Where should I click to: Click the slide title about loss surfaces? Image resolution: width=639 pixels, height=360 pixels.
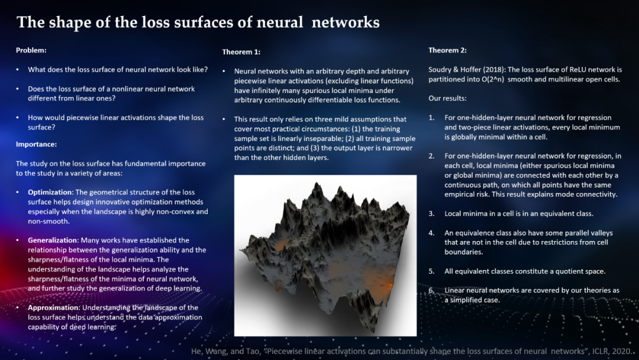pos(198,22)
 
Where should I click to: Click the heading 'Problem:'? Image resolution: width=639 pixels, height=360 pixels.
pos(31,50)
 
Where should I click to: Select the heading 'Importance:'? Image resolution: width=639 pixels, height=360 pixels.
pos(36,144)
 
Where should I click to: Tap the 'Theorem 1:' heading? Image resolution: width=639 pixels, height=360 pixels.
pos(241,52)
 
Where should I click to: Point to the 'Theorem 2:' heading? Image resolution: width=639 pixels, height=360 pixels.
pos(447,50)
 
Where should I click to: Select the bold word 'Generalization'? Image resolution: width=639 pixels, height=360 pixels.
pos(53,240)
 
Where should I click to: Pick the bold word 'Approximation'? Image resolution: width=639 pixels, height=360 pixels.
pos(54,308)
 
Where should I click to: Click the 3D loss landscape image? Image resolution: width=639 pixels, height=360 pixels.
pos(325,255)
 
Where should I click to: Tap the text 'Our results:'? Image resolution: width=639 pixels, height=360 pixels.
pos(447,98)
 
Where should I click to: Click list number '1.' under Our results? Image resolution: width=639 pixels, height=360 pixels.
pos(431,118)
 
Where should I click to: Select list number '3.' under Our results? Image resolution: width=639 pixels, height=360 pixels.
pos(431,213)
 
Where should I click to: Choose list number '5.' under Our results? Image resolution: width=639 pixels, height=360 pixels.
pos(431,271)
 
